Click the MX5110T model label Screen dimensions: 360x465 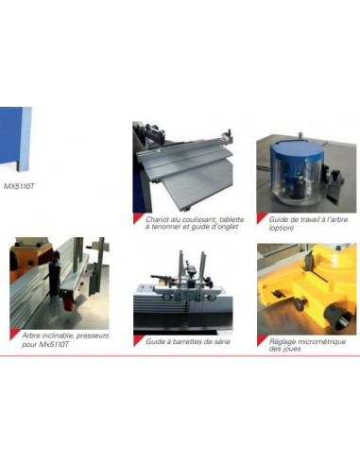[19, 186]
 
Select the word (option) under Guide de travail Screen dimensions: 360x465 [282, 228]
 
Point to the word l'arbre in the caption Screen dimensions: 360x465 [337, 219]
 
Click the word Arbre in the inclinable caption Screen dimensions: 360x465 [31, 336]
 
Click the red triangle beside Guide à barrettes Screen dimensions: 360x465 [137, 339]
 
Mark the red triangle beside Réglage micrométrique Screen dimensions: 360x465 [261, 339]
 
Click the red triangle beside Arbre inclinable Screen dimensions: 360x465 [13, 334]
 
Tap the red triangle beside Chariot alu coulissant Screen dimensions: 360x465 [137, 217]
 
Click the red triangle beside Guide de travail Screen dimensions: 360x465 [261, 217]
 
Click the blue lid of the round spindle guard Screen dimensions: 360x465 [296, 149]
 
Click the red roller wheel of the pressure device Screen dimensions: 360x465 [68, 303]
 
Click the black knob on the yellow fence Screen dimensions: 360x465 [300, 304]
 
